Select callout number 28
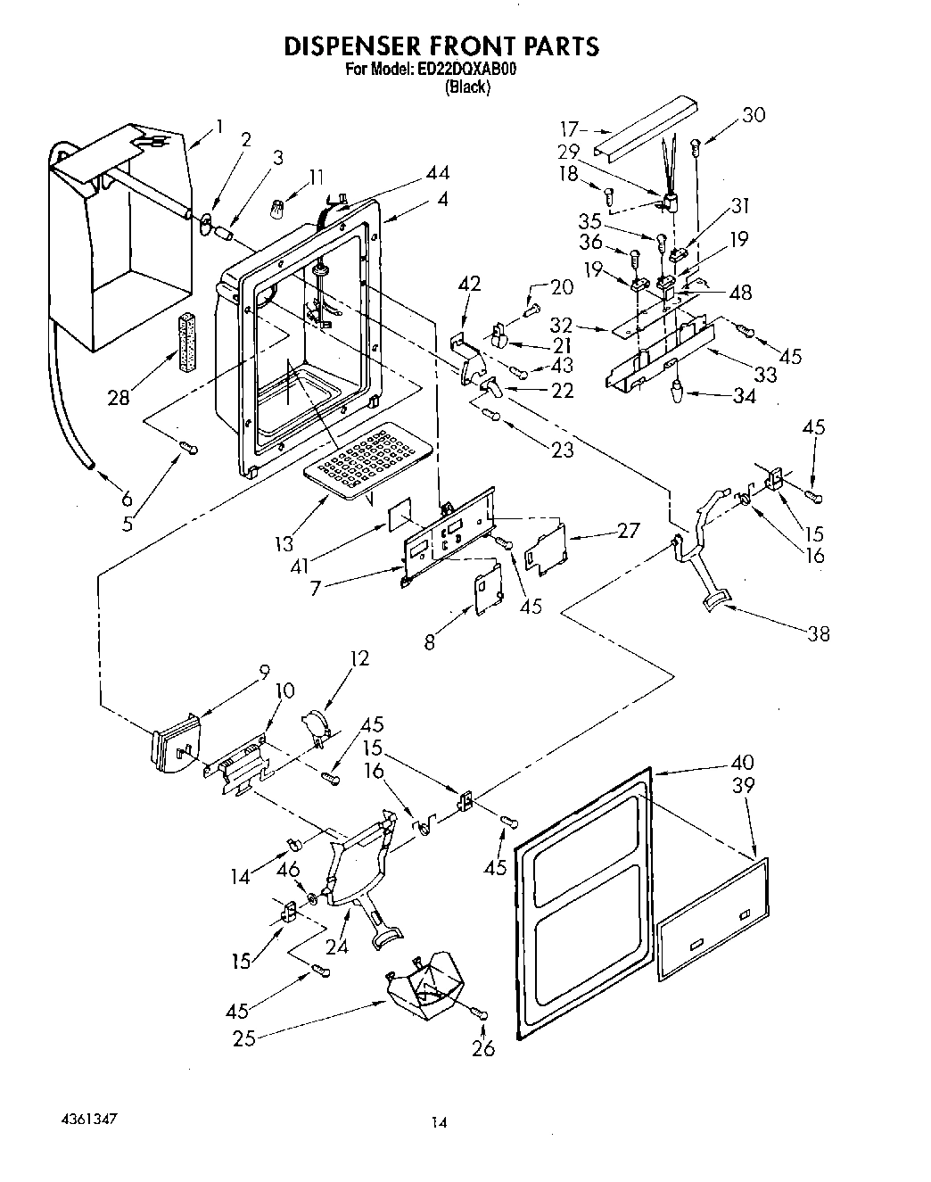point(119,399)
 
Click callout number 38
point(818,634)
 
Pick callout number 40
point(742,763)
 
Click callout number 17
point(569,128)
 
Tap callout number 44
point(436,172)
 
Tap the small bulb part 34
point(677,389)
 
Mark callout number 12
point(359,659)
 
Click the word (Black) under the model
point(467,87)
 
